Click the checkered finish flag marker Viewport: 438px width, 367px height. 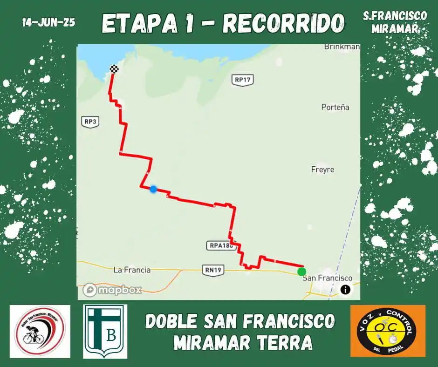click(114, 69)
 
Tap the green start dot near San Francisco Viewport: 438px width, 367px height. click(302, 271)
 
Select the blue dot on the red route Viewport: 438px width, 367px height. click(153, 189)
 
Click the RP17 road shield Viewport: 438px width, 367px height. click(243, 80)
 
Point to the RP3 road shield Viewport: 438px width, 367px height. click(90, 122)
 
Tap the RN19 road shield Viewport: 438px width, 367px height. click(213, 269)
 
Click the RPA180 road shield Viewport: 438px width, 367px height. click(220, 245)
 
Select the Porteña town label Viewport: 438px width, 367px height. click(335, 107)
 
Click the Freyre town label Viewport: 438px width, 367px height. click(322, 170)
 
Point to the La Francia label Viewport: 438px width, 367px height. click(132, 270)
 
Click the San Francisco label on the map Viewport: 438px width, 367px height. click(328, 278)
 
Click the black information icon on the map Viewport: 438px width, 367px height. click(345, 289)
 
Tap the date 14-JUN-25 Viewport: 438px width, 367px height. click(48, 22)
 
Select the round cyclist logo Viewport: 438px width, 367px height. click(40, 331)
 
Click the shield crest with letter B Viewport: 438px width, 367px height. click(105, 331)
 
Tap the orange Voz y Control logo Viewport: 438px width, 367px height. click(388, 331)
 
